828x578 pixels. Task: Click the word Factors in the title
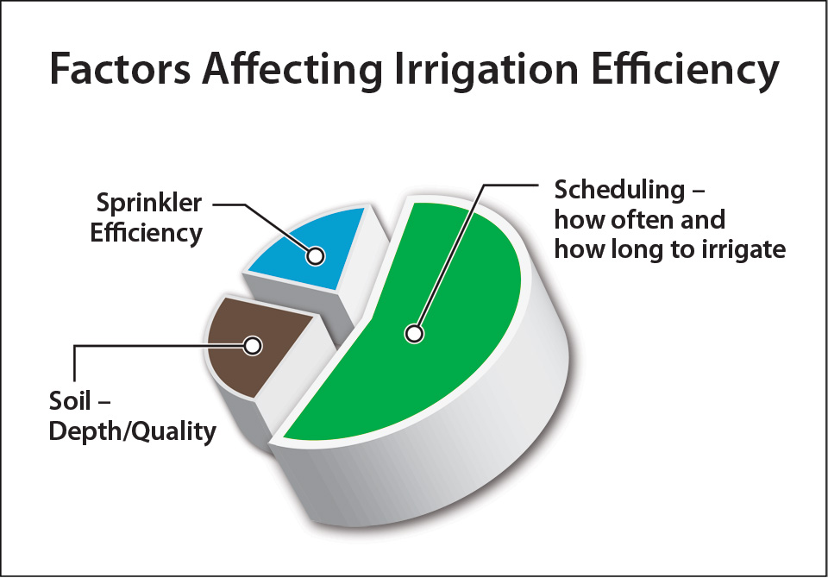(x=121, y=69)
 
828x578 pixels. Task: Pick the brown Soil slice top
(x=254, y=346)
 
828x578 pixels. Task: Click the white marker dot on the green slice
(x=415, y=334)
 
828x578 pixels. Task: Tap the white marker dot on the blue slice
(x=316, y=256)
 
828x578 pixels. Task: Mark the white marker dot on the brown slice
(x=253, y=346)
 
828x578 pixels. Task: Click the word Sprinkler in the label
(x=149, y=204)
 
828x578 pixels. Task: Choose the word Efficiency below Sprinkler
(x=147, y=234)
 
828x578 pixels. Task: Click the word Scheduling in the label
(x=619, y=190)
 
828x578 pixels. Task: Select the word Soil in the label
(x=70, y=401)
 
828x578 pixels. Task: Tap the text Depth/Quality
(x=133, y=432)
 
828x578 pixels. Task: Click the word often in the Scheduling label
(x=643, y=220)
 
